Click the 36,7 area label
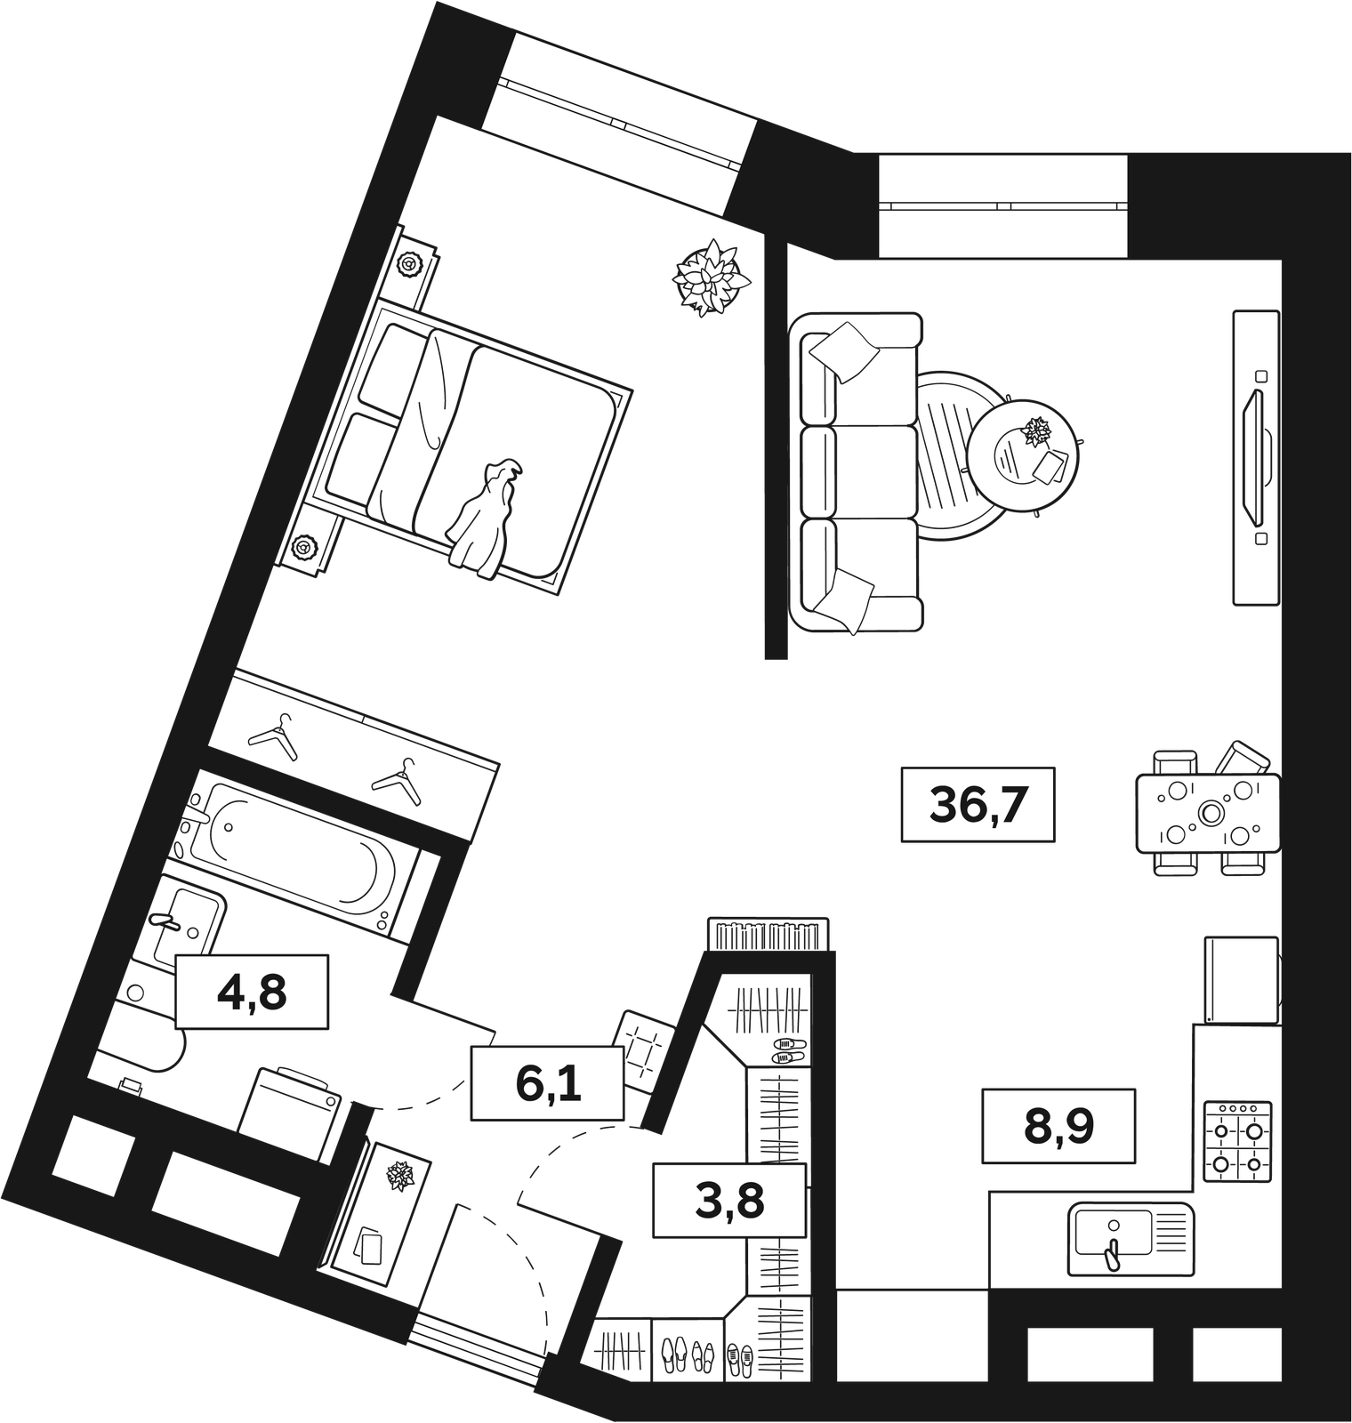coord(978,804)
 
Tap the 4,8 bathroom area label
coord(252,992)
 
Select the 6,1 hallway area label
coord(548,1082)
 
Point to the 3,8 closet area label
coord(729,1199)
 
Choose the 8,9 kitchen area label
coord(1058,1125)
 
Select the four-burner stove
coord(1237,1142)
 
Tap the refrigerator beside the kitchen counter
coord(1243,979)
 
